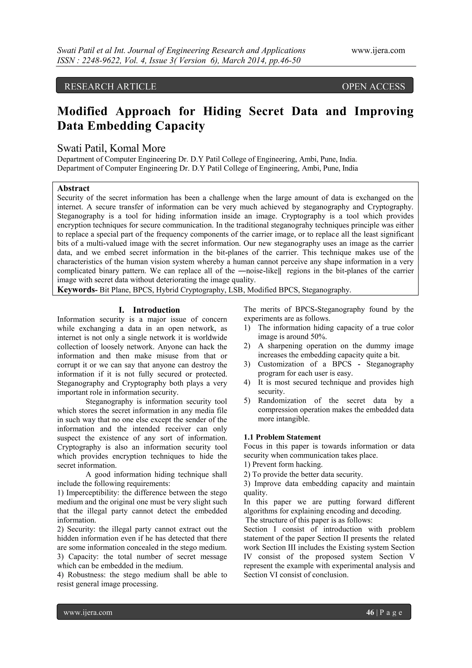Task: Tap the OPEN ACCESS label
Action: coord(373,86)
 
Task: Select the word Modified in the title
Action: coord(82,111)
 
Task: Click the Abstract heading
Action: coord(73,188)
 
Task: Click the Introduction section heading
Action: coord(156,310)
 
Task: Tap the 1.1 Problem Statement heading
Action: coord(282,437)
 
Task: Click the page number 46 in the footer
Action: coord(370,612)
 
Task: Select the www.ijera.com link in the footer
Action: coord(88,612)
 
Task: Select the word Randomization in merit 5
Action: coord(282,401)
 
